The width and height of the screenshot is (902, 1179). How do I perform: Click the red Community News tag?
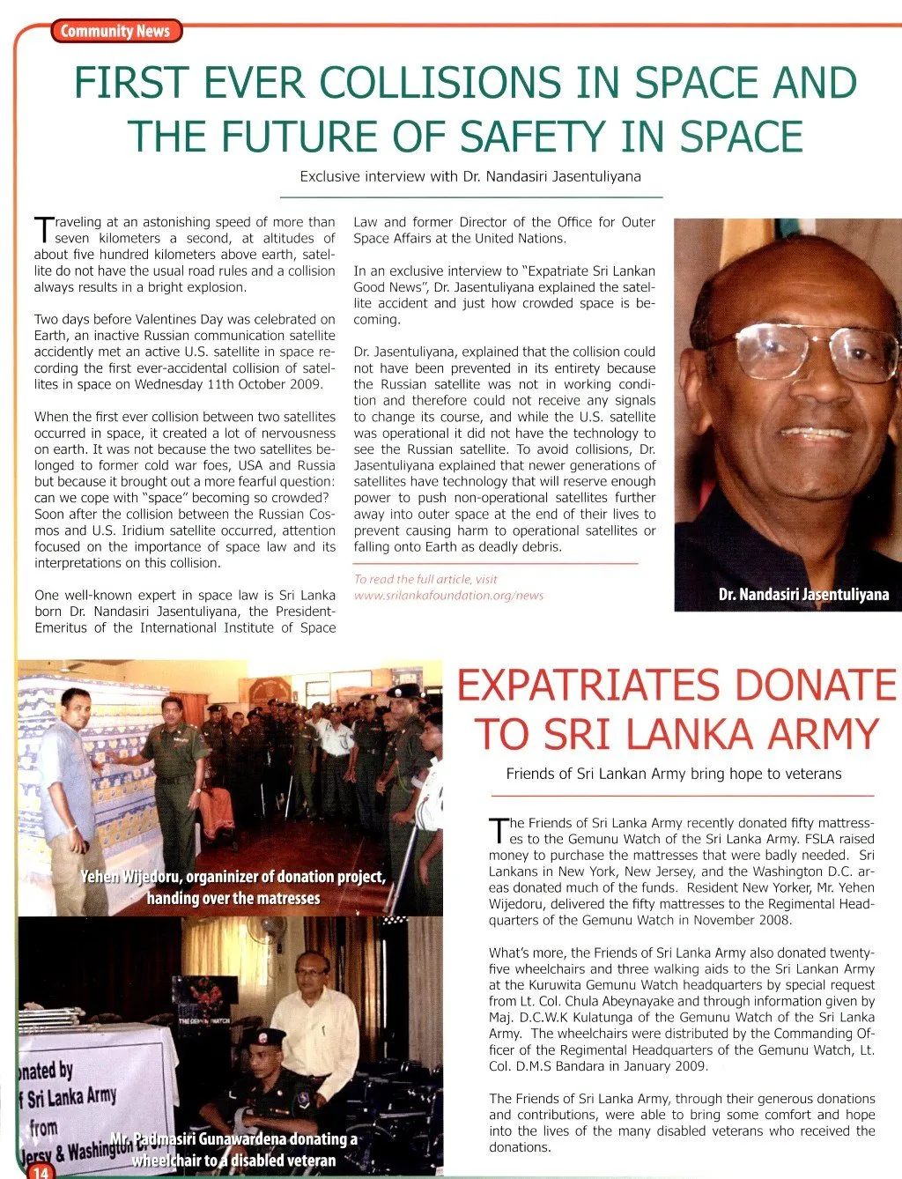click(115, 32)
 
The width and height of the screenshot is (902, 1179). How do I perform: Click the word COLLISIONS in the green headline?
click(440, 83)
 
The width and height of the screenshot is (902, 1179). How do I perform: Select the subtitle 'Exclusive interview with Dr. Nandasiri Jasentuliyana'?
click(470, 176)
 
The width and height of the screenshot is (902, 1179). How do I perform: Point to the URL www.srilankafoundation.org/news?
click(448, 595)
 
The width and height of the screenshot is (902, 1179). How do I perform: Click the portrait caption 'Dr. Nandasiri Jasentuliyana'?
click(803, 594)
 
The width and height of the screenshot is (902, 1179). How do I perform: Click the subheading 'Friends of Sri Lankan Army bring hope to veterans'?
click(673, 774)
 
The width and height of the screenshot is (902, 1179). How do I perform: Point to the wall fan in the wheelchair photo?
click(274, 931)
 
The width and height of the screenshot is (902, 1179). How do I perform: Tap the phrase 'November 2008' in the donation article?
click(749, 920)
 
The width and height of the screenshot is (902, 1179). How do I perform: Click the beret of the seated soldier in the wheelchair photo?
click(263, 1036)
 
